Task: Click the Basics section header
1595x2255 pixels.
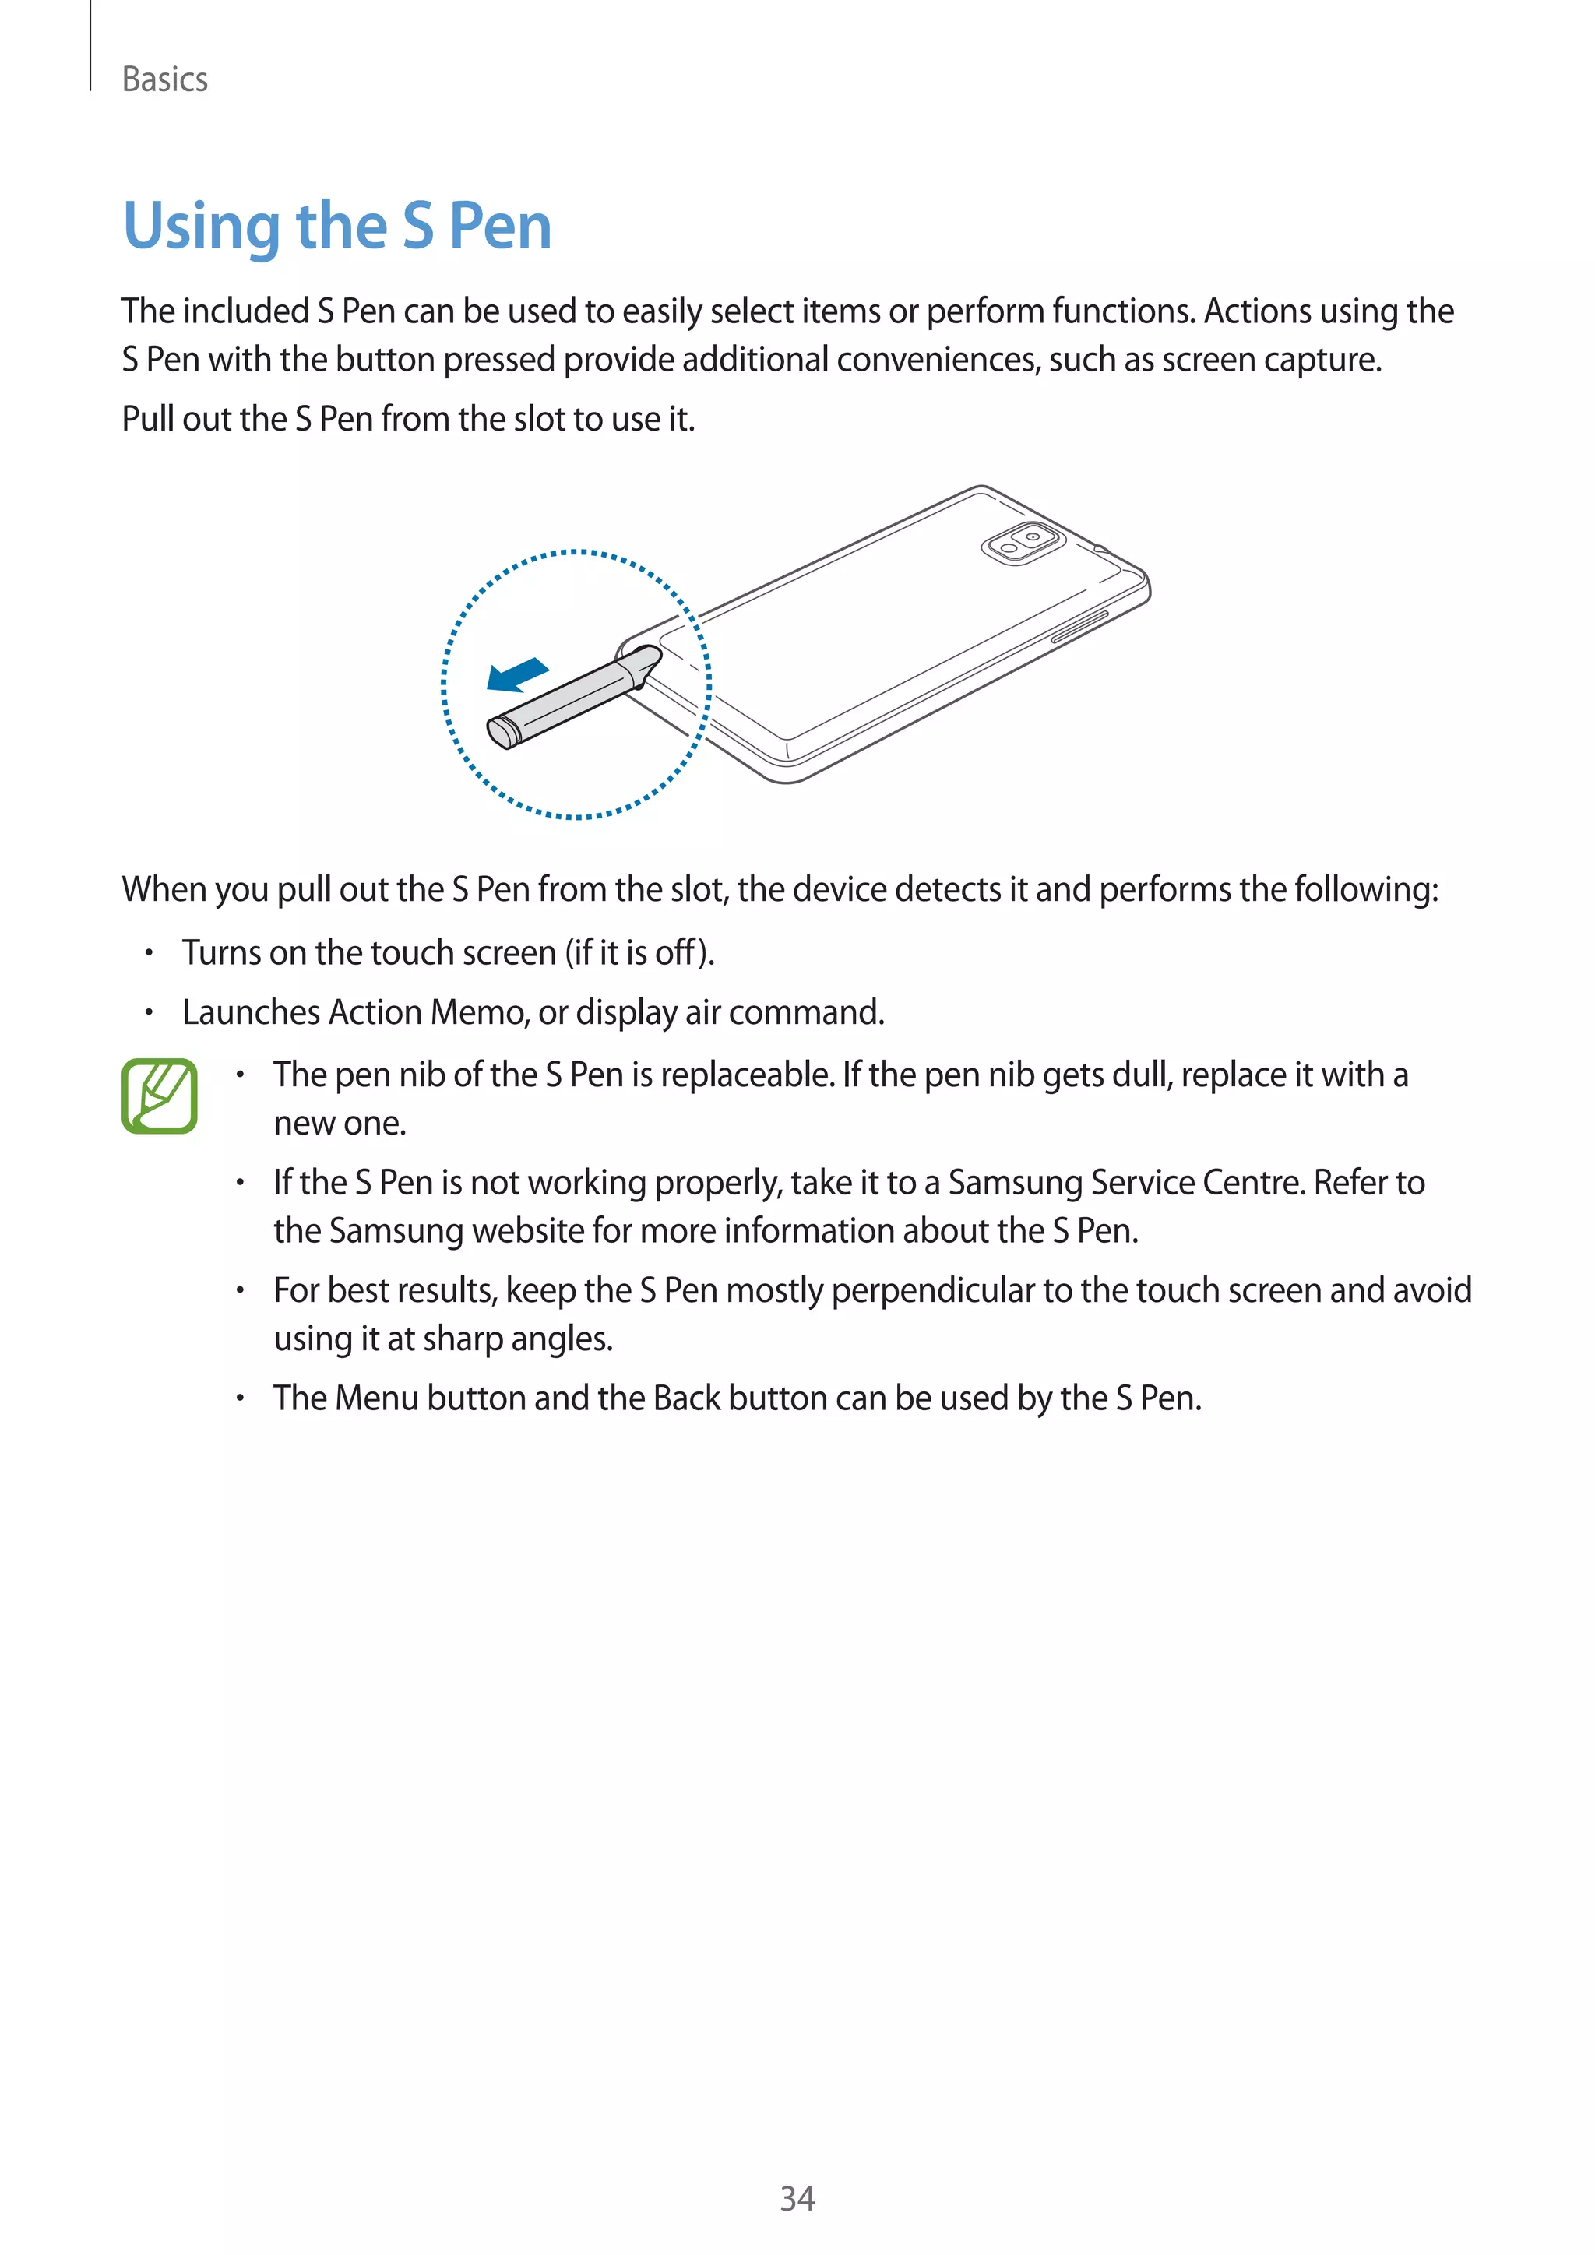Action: point(164,79)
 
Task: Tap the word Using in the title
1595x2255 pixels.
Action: point(202,227)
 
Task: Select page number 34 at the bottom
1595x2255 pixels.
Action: point(797,2198)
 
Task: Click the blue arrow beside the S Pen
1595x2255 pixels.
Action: point(518,675)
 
